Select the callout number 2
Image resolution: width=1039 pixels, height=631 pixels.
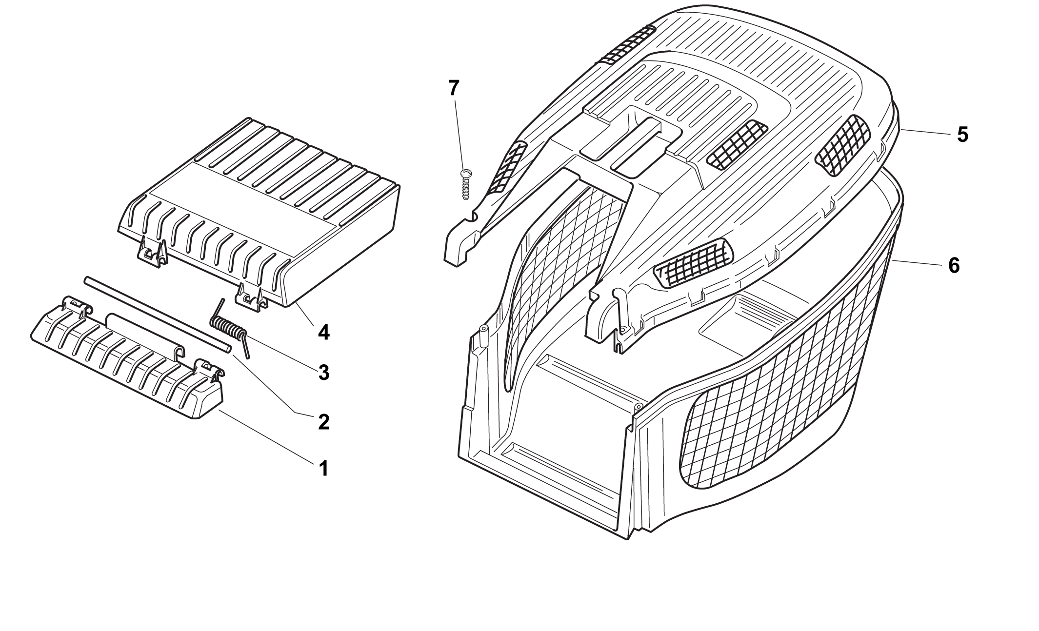(x=323, y=421)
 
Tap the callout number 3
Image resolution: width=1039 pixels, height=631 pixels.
(x=323, y=373)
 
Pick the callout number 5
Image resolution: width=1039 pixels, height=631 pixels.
(x=962, y=135)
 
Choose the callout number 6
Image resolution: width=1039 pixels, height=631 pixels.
(x=954, y=266)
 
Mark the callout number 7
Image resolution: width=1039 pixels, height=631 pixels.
(x=454, y=88)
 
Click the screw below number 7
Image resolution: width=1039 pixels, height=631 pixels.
(x=465, y=184)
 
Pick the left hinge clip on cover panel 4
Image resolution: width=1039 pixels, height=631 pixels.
(x=153, y=252)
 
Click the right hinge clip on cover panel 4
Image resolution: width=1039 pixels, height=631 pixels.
(x=252, y=298)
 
